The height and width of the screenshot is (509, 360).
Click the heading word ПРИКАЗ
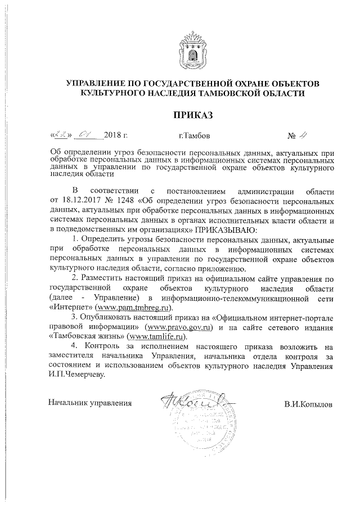(x=193, y=115)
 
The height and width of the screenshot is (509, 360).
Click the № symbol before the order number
(x=292, y=136)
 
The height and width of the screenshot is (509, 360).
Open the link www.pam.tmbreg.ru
(x=133, y=308)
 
